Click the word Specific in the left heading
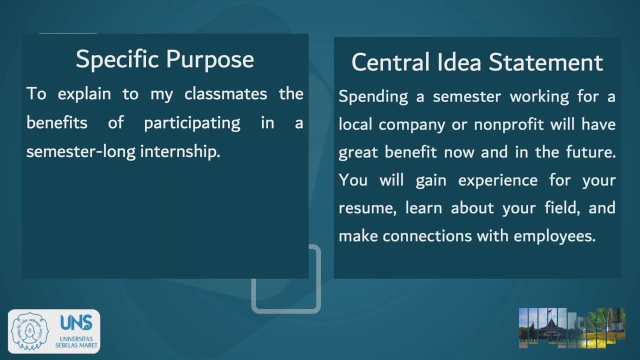coord(118,59)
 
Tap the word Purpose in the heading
coord(210,59)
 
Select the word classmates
coord(225,94)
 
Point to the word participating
coord(192,123)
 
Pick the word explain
coord(84,94)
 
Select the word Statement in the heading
coord(545,63)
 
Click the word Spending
coord(373,96)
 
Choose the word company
coord(411,124)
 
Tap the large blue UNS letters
coord(76,323)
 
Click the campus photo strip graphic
coord(571,327)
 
